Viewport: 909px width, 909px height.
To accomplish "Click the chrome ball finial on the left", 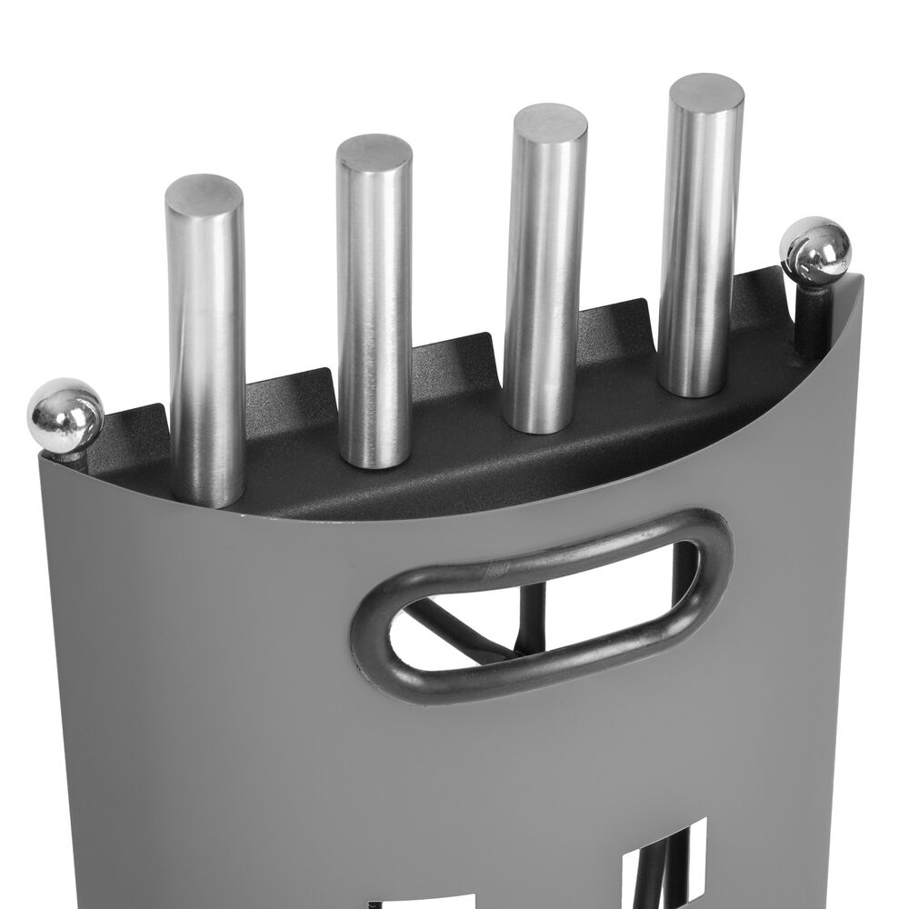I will (x=65, y=415).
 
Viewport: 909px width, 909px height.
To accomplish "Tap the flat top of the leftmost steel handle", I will (x=205, y=195).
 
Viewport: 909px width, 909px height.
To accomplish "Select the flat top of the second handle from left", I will (x=374, y=154).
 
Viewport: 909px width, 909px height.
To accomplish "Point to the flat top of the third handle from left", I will (x=549, y=124).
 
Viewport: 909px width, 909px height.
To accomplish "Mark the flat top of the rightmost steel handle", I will (x=705, y=93).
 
